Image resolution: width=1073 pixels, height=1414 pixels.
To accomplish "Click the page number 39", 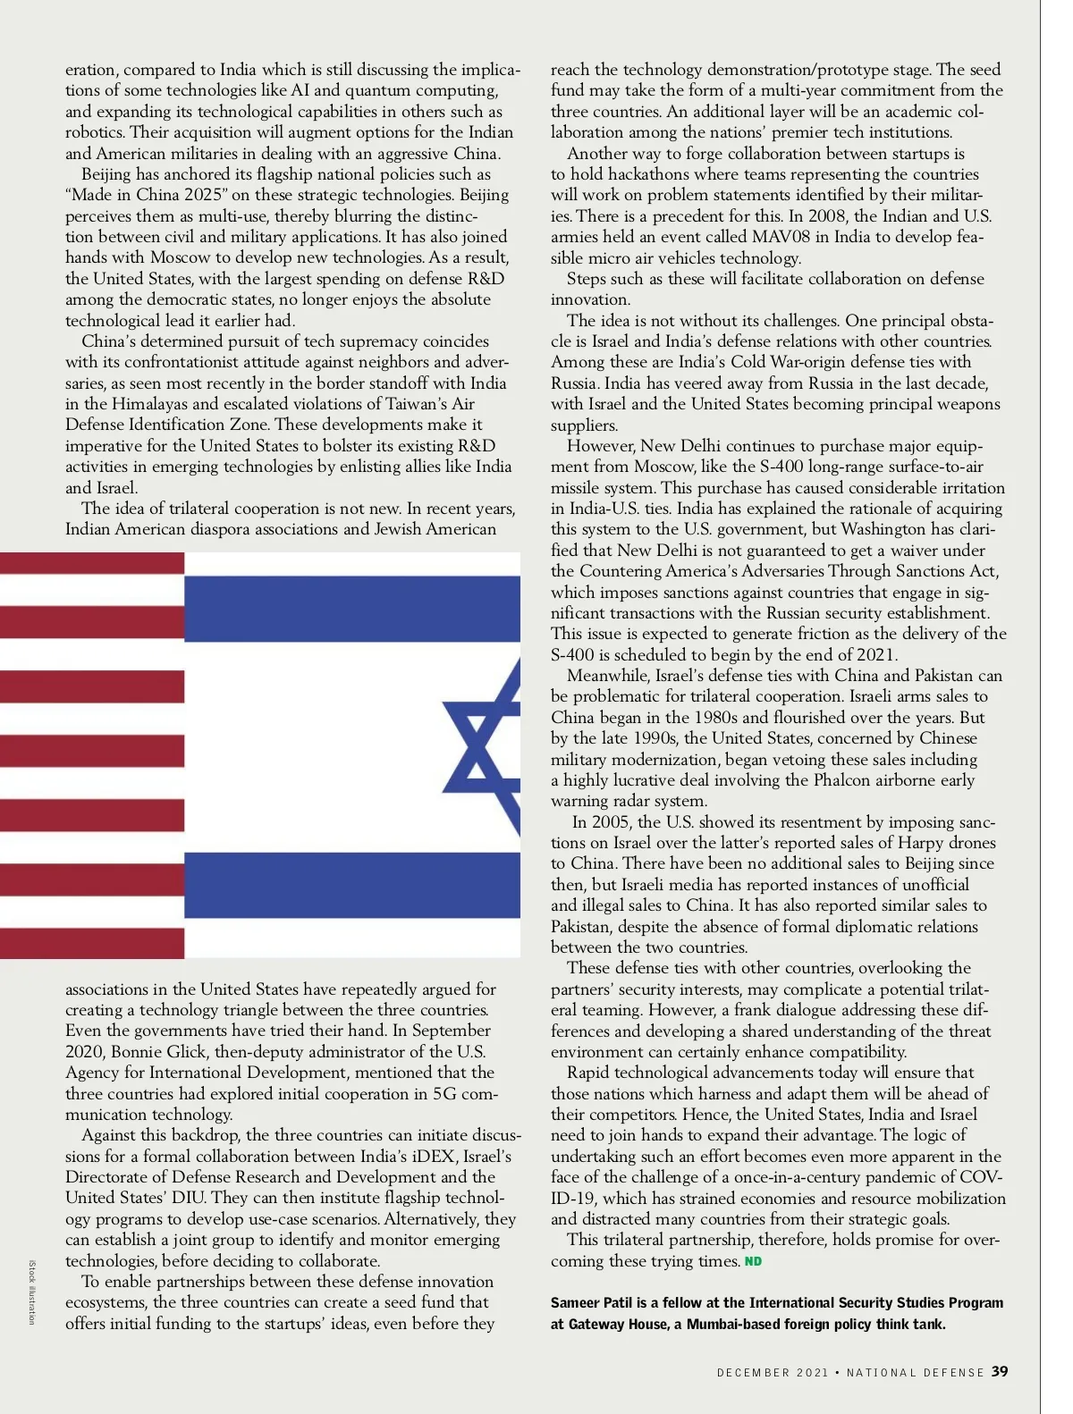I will coord(1000,1372).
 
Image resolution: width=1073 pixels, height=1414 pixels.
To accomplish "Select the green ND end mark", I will coord(753,1261).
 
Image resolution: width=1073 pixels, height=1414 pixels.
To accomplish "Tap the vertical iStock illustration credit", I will coord(32,1292).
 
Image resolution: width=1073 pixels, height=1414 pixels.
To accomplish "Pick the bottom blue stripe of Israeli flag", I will coord(351,885).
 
